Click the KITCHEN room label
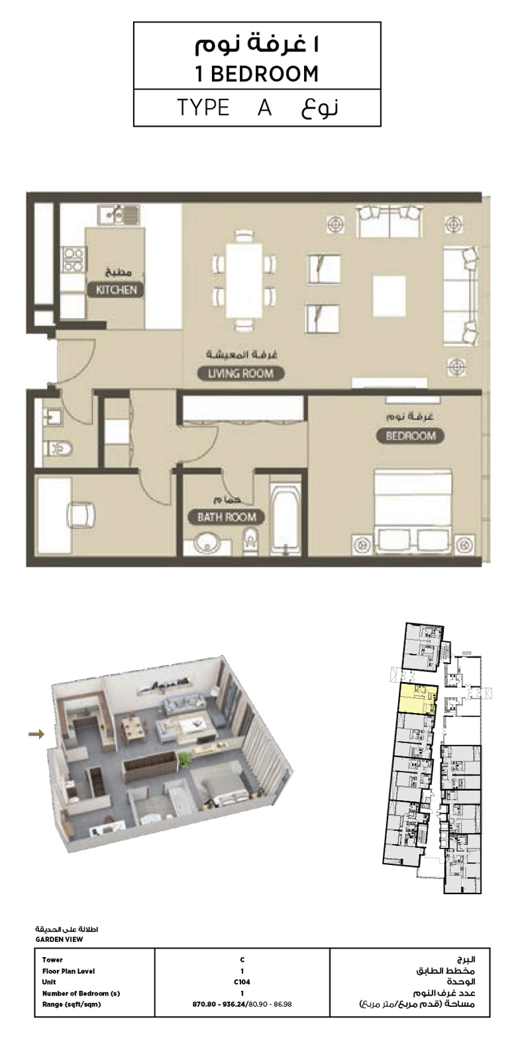pyautogui.click(x=116, y=290)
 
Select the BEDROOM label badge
pyautogui.click(x=410, y=435)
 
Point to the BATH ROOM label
pyautogui.click(x=227, y=517)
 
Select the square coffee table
pyautogui.click(x=389, y=292)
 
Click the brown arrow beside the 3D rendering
pyautogui.click(x=37, y=734)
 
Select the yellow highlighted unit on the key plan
pyautogui.click(x=417, y=699)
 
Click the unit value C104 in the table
pyautogui.click(x=242, y=982)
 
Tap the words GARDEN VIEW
pyautogui.click(x=60, y=939)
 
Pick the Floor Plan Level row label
pyautogui.click(x=68, y=971)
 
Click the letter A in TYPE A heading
pyautogui.click(x=264, y=107)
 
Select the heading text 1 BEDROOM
pyautogui.click(x=257, y=74)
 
